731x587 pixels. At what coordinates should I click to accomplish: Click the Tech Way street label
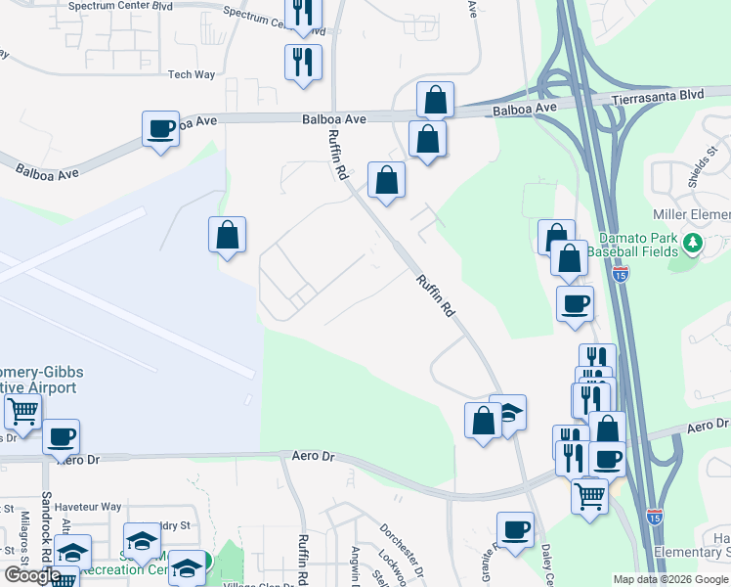191,74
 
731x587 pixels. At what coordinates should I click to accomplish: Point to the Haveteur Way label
87,507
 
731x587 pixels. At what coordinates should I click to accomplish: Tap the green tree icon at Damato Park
693,241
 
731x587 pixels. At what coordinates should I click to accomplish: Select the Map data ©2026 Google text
669,579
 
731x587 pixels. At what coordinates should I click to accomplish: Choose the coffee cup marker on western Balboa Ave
160,128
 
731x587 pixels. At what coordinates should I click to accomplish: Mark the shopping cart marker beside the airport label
21,413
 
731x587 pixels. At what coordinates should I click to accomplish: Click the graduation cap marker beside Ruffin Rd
508,414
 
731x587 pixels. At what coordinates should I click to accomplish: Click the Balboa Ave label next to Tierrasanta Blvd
524,108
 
